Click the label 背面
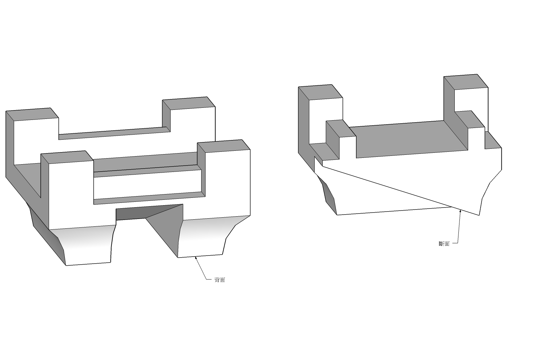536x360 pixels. coord(220,280)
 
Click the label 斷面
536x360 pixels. coord(444,244)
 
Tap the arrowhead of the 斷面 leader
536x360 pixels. coord(460,211)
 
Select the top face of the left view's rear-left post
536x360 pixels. coord(32,114)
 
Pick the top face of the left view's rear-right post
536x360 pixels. coord(189,103)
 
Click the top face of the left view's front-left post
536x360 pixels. coord(67,157)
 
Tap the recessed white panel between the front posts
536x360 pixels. coord(147,184)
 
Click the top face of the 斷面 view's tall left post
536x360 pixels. coord(321,92)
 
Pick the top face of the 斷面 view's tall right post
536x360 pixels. coord(466,82)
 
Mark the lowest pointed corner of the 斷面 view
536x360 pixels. coord(479,215)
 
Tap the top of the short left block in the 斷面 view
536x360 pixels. coord(341,129)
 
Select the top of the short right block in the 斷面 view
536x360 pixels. coord(470,119)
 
